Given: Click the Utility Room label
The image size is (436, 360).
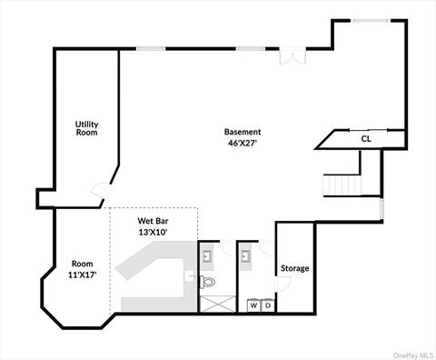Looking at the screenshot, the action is point(87,128).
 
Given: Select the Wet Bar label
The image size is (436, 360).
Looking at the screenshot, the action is point(153,221).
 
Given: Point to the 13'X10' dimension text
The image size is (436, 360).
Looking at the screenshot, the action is point(153,233).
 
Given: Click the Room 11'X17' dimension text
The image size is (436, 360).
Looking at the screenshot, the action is point(83,275).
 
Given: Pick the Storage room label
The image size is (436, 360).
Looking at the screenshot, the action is point(295,268).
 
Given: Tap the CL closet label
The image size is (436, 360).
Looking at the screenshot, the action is point(366,139).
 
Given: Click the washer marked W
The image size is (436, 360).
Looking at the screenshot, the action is point(253,305).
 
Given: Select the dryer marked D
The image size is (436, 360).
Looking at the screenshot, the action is point(268,305).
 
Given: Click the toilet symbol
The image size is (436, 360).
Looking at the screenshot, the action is point(208,282).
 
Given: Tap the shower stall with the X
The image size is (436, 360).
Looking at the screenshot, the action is point(218,304).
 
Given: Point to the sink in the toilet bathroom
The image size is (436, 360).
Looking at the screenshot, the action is point(208,257).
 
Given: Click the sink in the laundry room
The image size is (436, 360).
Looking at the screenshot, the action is point(246,257).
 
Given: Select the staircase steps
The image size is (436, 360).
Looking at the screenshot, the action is point(342,185).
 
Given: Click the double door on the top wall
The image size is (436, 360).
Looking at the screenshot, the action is point(292,55).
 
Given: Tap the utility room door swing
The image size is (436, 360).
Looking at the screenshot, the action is point(101,190).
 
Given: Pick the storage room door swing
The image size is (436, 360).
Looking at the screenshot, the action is point(282,284).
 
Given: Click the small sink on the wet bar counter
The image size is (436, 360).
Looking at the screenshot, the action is point(190,276).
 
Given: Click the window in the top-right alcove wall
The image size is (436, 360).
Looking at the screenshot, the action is point(371,21).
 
